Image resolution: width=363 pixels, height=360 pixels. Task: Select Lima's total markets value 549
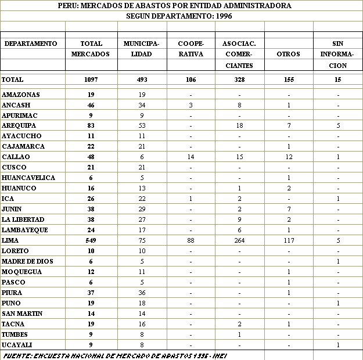click(90, 240)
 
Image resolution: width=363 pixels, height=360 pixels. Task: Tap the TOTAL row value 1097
click(90, 80)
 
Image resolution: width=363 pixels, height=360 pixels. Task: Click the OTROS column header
click(288, 55)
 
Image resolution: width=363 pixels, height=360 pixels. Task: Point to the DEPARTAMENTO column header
click(31, 44)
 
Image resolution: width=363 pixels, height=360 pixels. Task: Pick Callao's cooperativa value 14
click(191, 157)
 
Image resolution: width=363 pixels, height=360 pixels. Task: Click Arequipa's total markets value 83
click(90, 125)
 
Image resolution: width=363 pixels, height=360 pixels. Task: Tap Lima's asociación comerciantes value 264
click(239, 240)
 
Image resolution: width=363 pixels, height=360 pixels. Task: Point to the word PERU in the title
click(68, 6)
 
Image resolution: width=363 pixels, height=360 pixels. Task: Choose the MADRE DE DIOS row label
click(27, 261)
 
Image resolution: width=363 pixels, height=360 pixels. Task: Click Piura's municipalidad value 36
click(142, 293)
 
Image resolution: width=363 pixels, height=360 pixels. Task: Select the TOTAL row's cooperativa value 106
click(191, 80)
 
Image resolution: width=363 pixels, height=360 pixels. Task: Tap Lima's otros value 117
click(288, 240)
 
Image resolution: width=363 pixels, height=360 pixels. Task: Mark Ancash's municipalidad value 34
click(142, 105)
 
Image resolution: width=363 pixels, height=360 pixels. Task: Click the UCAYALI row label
click(17, 345)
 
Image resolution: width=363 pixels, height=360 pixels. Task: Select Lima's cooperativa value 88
click(191, 240)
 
